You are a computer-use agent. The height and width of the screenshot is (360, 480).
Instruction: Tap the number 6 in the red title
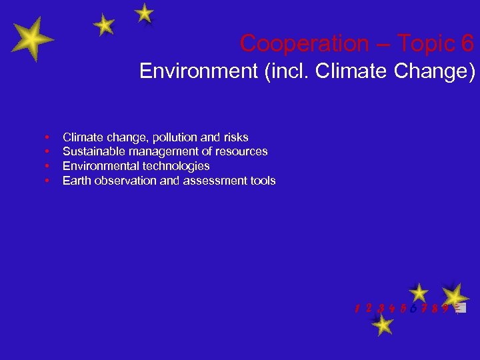click(x=467, y=44)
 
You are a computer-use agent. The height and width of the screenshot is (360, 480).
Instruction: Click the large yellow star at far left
click(x=31, y=39)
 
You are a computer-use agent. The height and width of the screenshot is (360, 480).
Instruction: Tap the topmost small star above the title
click(x=144, y=13)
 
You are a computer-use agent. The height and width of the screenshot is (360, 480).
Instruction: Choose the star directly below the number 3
click(x=382, y=325)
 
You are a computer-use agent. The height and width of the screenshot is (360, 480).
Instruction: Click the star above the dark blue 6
click(x=419, y=292)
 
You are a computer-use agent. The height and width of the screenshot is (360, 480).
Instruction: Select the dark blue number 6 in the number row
click(x=415, y=308)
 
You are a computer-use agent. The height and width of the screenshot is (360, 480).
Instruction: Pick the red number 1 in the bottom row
click(x=358, y=308)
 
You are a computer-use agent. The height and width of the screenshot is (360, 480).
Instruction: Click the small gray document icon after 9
click(x=461, y=308)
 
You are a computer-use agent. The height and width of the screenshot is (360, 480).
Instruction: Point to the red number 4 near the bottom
click(x=391, y=308)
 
